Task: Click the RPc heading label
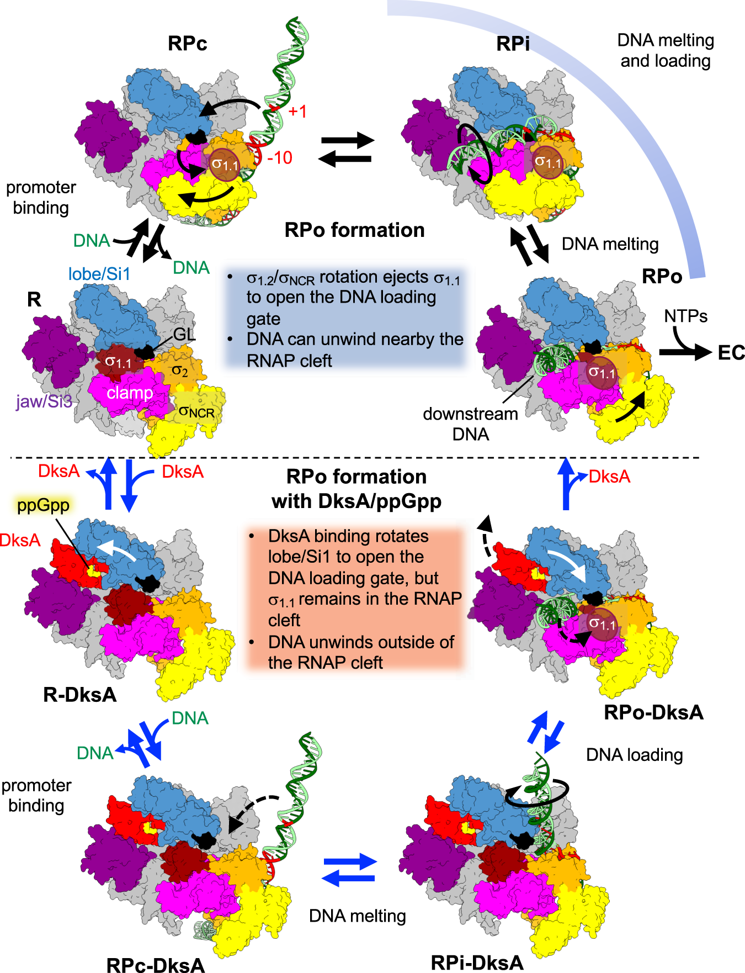pos(187,44)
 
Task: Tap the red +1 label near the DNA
pos(297,112)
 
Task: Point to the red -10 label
pos(280,158)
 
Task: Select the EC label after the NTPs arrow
pos(731,353)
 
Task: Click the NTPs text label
pos(685,316)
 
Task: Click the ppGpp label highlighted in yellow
pos(43,505)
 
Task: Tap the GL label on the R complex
pos(184,335)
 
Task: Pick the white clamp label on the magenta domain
pos(130,393)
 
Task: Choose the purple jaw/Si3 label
pos(44,401)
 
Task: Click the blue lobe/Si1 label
pos(99,274)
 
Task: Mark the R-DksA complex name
pos(80,694)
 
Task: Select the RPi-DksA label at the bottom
pos(477,963)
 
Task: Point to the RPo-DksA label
pos(653,712)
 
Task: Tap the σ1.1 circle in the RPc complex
pos(225,164)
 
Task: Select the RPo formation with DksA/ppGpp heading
pos(356,489)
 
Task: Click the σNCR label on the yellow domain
pos(196,411)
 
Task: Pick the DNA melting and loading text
pos(666,50)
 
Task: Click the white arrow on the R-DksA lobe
pos(116,549)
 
